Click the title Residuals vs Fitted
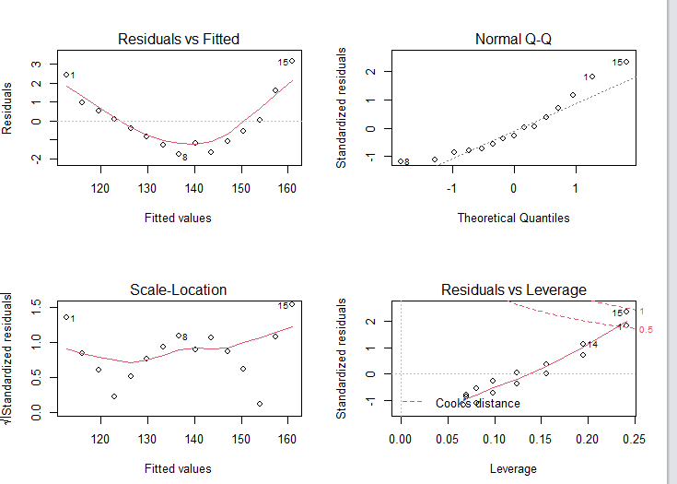click(x=179, y=40)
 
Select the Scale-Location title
click(x=179, y=290)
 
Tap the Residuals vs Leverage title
click(x=513, y=290)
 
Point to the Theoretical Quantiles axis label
click(x=513, y=218)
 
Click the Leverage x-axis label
click(x=513, y=469)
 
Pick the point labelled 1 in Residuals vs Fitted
click(x=65, y=75)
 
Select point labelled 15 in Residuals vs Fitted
click(x=292, y=61)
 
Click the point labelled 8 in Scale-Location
click(x=178, y=336)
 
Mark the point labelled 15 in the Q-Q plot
click(x=626, y=62)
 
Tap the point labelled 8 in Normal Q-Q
click(x=400, y=161)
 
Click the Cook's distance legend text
click(x=477, y=404)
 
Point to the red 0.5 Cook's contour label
click(x=646, y=330)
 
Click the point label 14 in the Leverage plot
click(x=592, y=345)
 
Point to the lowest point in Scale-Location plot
click(x=260, y=404)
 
